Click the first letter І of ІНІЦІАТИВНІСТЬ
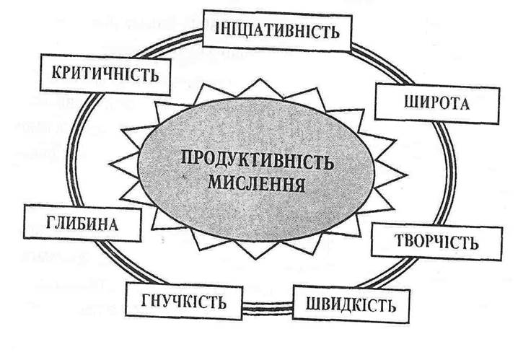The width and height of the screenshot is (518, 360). click(219, 30)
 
